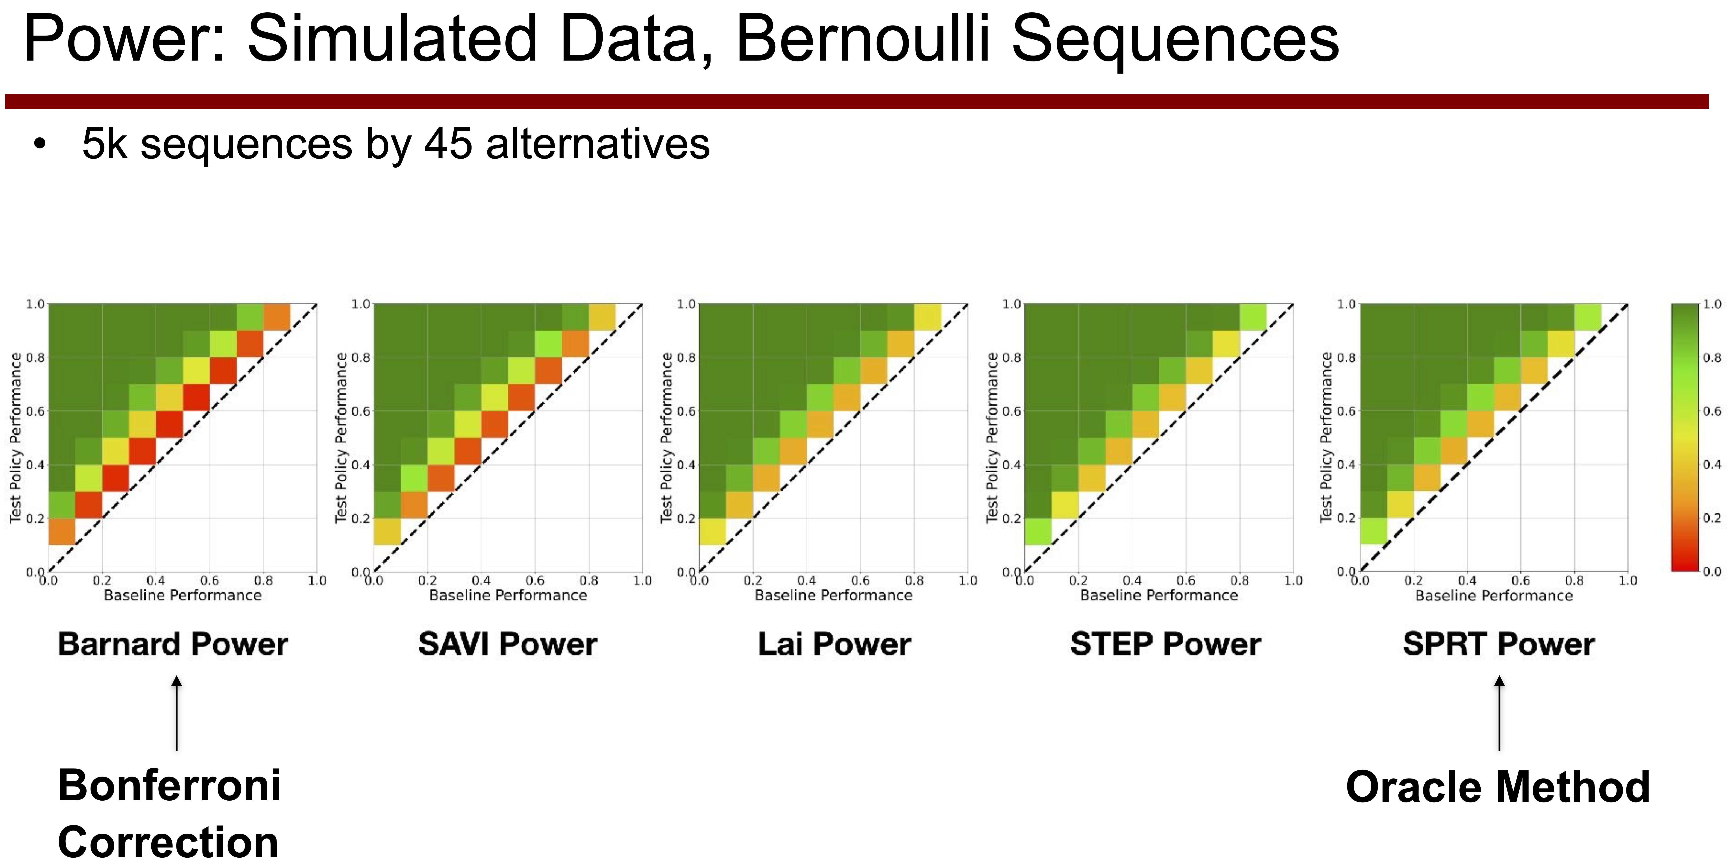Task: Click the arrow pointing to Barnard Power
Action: (x=177, y=713)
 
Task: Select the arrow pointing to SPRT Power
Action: (x=1499, y=713)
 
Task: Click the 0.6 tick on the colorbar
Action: (x=1713, y=411)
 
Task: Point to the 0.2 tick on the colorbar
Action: (x=1713, y=518)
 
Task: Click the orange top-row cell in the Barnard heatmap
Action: (x=277, y=317)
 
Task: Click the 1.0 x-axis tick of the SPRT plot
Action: (x=1628, y=580)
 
